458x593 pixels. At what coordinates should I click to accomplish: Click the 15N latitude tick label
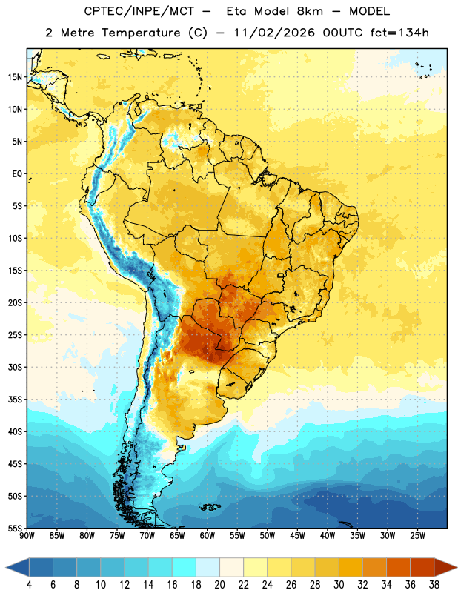(x=15, y=77)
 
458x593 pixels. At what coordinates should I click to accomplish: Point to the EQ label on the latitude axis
(x=17, y=174)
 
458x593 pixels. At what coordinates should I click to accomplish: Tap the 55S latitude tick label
(x=15, y=528)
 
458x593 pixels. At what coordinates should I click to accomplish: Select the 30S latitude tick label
(x=15, y=367)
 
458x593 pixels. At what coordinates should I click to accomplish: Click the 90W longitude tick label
(x=27, y=535)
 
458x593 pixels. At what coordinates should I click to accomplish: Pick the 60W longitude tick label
(x=208, y=535)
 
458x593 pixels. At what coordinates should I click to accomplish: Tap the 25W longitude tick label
(x=418, y=535)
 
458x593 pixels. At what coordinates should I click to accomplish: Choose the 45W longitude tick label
(x=298, y=535)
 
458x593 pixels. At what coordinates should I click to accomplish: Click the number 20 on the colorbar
(x=219, y=585)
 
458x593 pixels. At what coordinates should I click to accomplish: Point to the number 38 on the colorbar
(x=434, y=585)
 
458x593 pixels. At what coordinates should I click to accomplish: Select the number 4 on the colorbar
(x=29, y=585)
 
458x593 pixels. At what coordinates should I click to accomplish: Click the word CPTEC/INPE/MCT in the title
(x=139, y=11)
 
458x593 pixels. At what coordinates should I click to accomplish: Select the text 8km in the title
(x=310, y=11)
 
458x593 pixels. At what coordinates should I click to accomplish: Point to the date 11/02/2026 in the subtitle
(x=274, y=33)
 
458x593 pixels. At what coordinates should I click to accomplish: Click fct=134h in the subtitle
(x=399, y=33)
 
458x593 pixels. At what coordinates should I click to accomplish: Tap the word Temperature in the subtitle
(x=141, y=33)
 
